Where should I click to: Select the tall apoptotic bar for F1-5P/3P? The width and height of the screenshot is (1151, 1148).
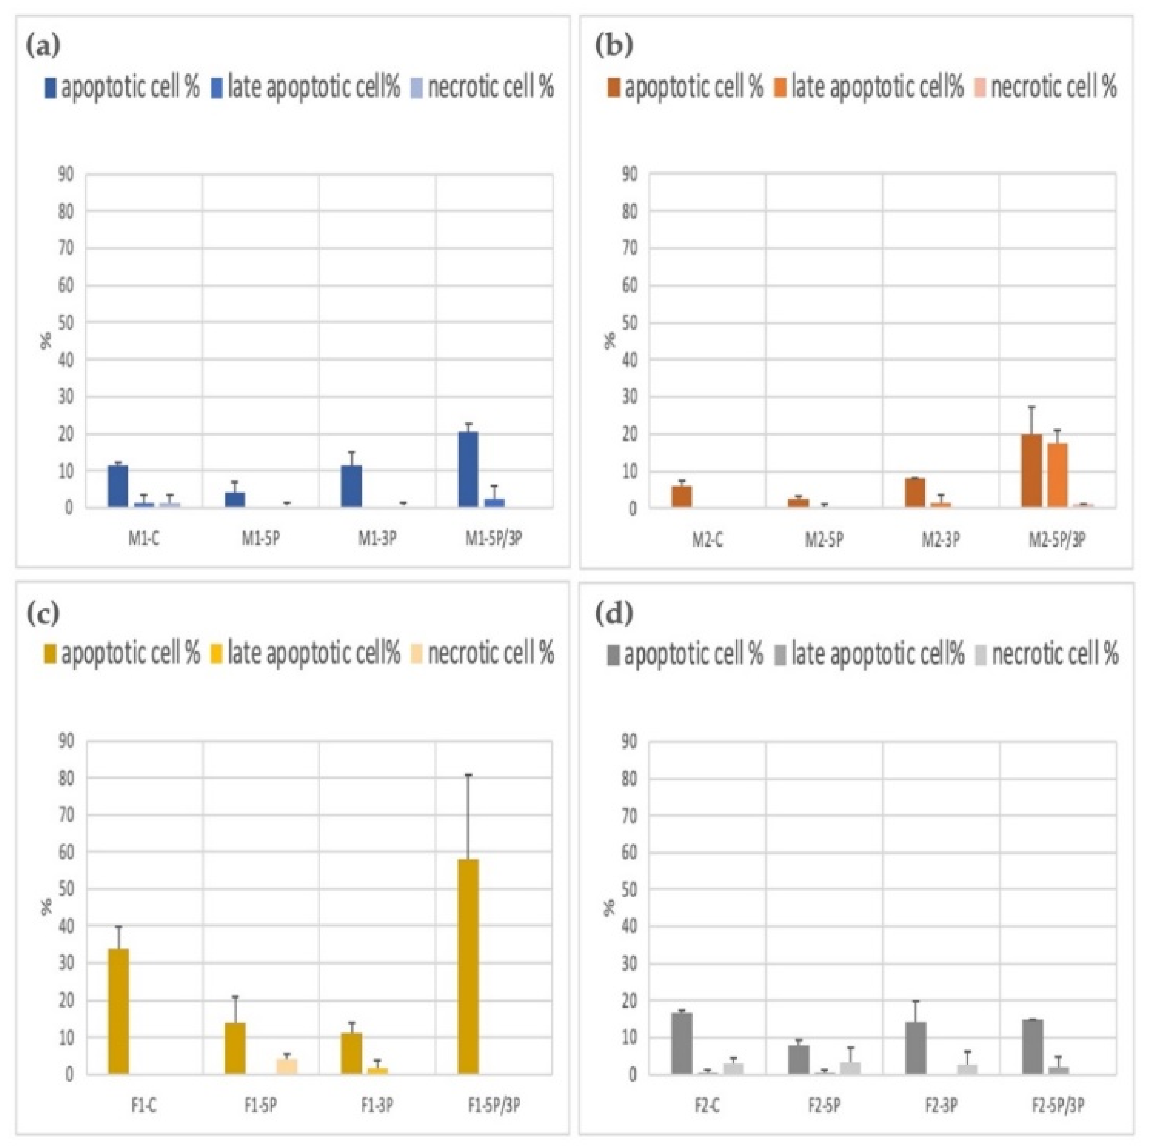[468, 966]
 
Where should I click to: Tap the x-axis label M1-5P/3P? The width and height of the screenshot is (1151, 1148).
[493, 539]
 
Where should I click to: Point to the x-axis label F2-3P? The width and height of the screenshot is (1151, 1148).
[941, 1106]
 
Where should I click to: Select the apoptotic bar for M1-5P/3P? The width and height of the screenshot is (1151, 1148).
[468, 469]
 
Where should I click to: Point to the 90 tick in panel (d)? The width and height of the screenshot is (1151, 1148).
[629, 741]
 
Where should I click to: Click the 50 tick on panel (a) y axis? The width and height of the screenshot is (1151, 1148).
[66, 323]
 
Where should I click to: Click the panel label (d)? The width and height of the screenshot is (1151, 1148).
[613, 614]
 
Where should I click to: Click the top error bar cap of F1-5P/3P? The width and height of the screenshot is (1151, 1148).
[468, 774]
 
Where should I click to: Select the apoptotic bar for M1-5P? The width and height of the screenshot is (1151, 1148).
[235, 499]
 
